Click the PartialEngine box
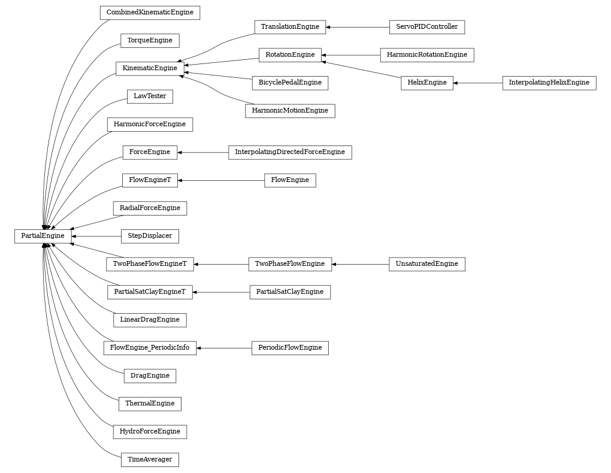pyautogui.click(x=43, y=236)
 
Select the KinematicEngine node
pyautogui.click(x=149, y=68)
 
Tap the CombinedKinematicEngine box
pyautogui.click(x=150, y=13)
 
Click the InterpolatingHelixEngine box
pyautogui.click(x=549, y=83)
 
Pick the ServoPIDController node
pyautogui.click(x=427, y=27)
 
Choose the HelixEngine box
pyautogui.click(x=427, y=83)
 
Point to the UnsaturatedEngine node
pyautogui.click(x=427, y=264)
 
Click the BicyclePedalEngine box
pyautogui.click(x=290, y=83)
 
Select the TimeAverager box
pyautogui.click(x=150, y=460)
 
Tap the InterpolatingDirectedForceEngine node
pyautogui.click(x=290, y=152)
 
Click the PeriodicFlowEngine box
pyautogui.click(x=290, y=348)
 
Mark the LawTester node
pyautogui.click(x=150, y=96)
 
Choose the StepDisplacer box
pyautogui.click(x=150, y=236)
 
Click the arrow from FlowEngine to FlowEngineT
pyautogui.click(x=221, y=180)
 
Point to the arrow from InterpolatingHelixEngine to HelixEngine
pyautogui.click(x=477, y=83)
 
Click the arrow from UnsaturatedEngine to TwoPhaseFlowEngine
pyautogui.click(x=360, y=264)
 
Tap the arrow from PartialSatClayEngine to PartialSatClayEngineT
pyautogui.click(x=221, y=292)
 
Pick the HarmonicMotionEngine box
pyautogui.click(x=290, y=111)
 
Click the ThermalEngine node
pyautogui.click(x=150, y=404)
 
